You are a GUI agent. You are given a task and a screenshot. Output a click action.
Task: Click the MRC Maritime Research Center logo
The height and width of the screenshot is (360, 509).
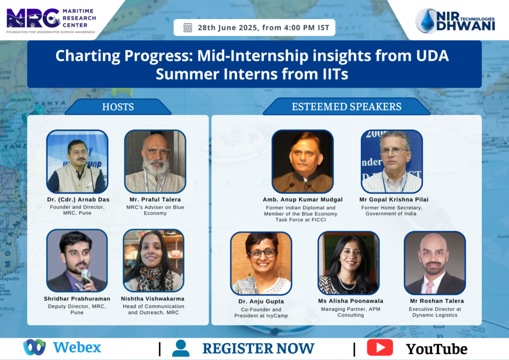(x=51, y=20)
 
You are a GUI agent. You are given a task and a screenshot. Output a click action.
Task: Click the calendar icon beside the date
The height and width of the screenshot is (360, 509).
(x=187, y=27)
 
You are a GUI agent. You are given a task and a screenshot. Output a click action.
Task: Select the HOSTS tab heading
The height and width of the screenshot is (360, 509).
(x=118, y=107)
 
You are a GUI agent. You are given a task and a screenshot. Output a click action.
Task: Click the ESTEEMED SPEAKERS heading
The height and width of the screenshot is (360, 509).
(x=346, y=106)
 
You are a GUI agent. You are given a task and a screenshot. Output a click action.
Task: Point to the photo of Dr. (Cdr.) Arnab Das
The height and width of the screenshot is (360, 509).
(x=77, y=162)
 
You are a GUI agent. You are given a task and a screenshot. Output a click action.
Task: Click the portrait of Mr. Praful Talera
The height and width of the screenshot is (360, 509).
(x=155, y=162)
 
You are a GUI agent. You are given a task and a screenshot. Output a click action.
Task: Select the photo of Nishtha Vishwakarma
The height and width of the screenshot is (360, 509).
(x=154, y=261)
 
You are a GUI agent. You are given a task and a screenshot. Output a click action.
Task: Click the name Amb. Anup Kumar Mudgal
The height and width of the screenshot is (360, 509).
(x=303, y=199)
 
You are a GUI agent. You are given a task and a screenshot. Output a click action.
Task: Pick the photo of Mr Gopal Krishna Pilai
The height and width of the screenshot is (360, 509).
(x=392, y=162)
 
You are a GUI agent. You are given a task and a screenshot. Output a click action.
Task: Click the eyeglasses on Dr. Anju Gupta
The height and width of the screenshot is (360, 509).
(x=263, y=254)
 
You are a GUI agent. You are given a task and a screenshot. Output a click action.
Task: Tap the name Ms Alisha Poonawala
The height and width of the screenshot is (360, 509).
(x=350, y=301)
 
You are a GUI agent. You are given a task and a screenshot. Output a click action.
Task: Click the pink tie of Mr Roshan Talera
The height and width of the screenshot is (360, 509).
(x=430, y=287)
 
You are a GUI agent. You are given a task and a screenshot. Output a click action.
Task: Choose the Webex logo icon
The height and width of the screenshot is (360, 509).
(x=34, y=347)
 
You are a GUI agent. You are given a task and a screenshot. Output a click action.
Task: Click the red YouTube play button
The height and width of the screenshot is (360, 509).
(x=380, y=348)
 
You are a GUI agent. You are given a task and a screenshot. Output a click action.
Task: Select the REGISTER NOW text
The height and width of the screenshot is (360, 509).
(x=258, y=349)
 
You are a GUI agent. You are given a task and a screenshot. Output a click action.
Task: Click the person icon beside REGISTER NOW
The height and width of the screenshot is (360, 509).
(x=181, y=348)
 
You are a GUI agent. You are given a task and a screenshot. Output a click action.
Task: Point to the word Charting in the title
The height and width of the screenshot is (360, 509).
(x=87, y=56)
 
